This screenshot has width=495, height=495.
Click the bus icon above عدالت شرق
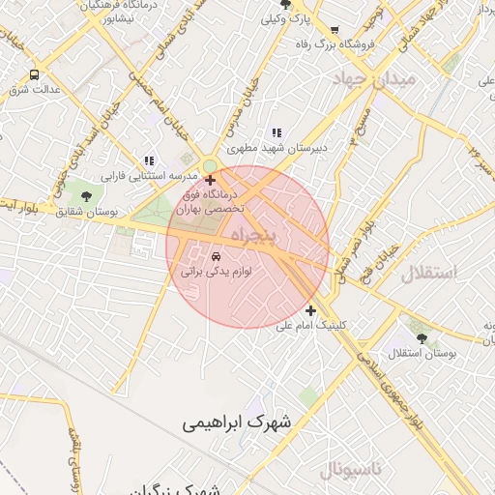[35, 74]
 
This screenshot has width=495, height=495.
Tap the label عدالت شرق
[35, 90]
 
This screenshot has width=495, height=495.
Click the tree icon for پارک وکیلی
[272, 17]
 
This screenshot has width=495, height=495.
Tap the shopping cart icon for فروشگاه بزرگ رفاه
[335, 30]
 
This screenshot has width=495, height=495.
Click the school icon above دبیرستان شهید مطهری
[277, 133]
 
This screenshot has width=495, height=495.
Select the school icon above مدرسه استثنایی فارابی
[148, 160]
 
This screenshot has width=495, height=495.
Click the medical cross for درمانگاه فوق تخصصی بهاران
[211, 180]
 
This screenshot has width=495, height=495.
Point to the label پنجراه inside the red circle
[253, 236]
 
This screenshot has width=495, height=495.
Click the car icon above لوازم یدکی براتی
[215, 256]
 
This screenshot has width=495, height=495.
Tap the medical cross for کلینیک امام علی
[310, 310]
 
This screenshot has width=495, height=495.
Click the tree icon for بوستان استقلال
[422, 336]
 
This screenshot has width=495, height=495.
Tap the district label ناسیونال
[352, 470]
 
